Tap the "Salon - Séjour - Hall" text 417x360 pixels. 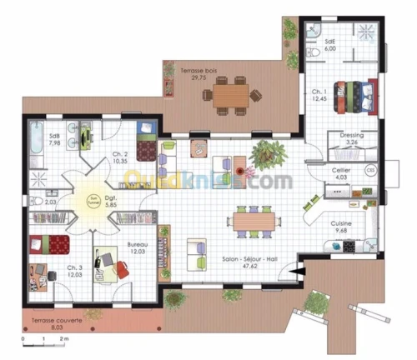pyautogui.click(x=249, y=261)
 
